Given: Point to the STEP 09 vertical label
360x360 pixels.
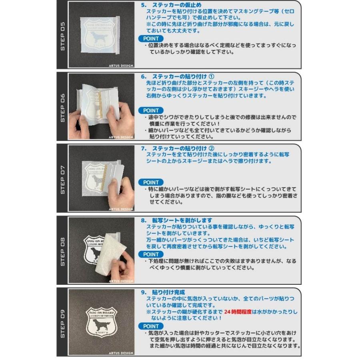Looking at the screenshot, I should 62,323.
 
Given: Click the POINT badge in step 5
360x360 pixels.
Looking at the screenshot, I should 151,39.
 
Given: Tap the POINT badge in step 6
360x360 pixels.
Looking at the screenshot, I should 151,110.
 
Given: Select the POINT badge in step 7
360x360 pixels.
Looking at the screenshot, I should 151,182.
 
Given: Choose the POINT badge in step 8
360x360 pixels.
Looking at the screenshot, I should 151,254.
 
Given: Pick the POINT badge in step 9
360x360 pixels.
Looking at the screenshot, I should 151,326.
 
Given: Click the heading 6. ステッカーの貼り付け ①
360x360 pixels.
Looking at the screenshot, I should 178,76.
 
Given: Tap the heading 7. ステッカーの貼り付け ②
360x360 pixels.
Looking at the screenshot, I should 178,148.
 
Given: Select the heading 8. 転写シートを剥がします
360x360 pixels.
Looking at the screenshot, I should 176,220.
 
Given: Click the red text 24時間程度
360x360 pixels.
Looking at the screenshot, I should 238,312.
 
